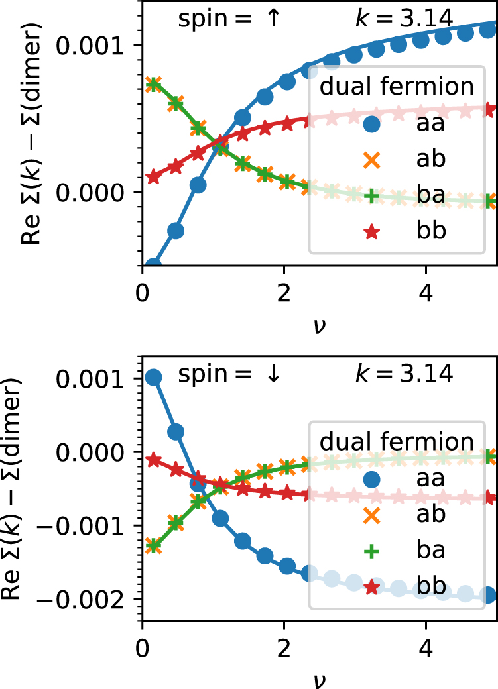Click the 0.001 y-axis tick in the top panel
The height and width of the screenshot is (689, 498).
click(97, 45)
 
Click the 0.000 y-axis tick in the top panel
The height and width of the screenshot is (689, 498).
click(97, 192)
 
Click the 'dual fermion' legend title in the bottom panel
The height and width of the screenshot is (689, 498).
click(397, 441)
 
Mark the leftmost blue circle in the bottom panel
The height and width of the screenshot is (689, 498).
click(154, 378)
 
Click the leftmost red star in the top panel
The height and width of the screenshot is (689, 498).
click(154, 176)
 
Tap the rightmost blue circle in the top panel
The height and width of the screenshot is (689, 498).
click(489, 28)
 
